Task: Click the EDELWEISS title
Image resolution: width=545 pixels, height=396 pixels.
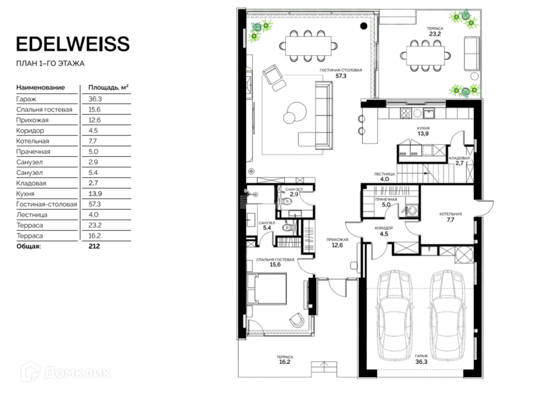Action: pyautogui.click(x=73, y=44)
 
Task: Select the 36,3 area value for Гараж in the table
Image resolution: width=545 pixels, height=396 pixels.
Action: pyautogui.click(x=95, y=99)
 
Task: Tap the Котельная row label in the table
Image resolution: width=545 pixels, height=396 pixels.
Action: pyautogui.click(x=33, y=141)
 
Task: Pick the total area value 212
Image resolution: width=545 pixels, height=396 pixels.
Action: pyautogui.click(x=94, y=247)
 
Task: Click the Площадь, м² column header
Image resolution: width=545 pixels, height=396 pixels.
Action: pyautogui.click(x=108, y=87)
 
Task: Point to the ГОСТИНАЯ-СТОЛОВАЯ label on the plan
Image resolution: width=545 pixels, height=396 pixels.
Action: pyautogui.click(x=341, y=70)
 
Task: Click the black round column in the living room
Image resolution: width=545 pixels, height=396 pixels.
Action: pyautogui.click(x=364, y=26)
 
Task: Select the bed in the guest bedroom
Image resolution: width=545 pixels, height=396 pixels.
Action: pyautogui.click(x=267, y=289)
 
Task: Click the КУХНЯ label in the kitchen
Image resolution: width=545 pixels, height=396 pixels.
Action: pyautogui.click(x=423, y=128)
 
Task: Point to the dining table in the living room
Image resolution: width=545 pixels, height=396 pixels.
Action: pyautogui.click(x=308, y=46)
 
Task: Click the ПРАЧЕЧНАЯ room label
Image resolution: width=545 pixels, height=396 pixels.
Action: pyautogui.click(x=386, y=200)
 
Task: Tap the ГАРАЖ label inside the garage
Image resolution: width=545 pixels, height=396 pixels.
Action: pyautogui.click(x=421, y=356)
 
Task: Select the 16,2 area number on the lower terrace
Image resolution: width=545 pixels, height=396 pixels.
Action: pyautogui.click(x=284, y=362)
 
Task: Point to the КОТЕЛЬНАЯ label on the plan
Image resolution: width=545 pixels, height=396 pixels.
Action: pyautogui.click(x=451, y=214)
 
